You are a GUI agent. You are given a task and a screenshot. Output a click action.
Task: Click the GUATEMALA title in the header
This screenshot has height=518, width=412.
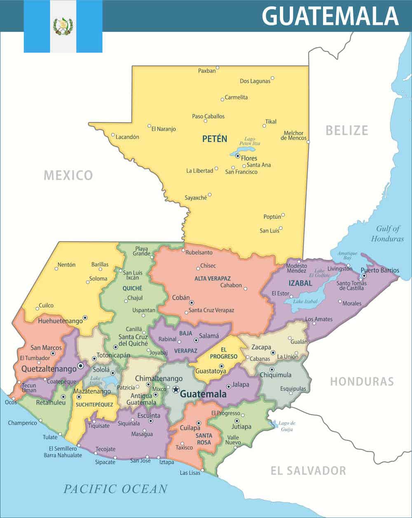coord(330,16)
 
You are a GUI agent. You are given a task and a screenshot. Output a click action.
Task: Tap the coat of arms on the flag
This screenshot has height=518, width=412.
coord(63,26)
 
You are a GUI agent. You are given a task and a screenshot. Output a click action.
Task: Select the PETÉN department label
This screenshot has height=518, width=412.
coord(214,139)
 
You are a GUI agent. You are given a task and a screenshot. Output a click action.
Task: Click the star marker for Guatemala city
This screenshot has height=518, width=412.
coord(176,389)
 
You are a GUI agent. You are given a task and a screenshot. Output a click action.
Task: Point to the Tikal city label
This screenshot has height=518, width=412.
coord(271,122)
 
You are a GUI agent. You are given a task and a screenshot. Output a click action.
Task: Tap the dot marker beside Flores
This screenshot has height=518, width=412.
coord(238,156)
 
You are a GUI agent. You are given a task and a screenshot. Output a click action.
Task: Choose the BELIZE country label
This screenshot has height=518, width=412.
coord(346,130)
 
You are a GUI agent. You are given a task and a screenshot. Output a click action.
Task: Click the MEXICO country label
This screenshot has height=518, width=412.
coord(68,175)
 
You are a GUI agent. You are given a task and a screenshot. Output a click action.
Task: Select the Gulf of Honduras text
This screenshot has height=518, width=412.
coord(387,234)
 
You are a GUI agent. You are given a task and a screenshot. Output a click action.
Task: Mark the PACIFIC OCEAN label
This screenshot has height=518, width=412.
coord(115,489)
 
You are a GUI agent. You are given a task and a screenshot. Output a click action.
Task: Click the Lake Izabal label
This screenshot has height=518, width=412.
coord(305,301)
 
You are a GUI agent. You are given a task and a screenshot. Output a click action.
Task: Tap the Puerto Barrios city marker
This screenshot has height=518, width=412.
coord(364,275)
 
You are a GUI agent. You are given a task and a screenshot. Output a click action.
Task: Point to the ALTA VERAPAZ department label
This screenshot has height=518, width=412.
coord(212,279)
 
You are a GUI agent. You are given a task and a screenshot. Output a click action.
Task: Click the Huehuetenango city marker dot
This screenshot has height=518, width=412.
coord(85,317)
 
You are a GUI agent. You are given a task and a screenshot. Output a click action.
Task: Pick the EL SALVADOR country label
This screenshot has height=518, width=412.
coord(308,471)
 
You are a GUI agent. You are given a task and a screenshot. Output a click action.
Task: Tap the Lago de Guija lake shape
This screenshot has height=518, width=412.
coord(272,424)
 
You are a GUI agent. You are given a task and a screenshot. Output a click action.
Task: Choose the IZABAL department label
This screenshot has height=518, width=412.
coord(300,283)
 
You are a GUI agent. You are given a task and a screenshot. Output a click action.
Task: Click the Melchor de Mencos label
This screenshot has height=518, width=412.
coord(293,136)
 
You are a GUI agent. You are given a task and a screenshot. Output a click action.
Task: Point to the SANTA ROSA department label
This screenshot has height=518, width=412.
coord(204,439)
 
